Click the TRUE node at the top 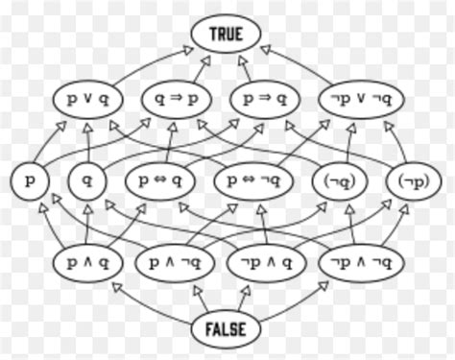click(x=227, y=36)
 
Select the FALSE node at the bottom click(x=227, y=329)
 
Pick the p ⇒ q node click(x=265, y=99)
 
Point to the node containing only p click(x=28, y=180)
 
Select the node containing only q click(x=86, y=180)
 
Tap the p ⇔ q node click(x=159, y=180)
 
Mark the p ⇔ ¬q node click(x=257, y=180)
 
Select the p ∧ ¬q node click(x=178, y=260)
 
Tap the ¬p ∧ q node click(x=265, y=260)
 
